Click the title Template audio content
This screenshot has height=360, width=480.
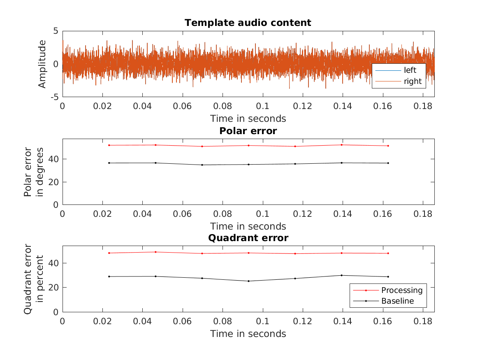pyautogui.click(x=248, y=23)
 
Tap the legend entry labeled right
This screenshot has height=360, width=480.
pyautogui.click(x=413, y=81)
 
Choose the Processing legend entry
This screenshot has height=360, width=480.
pyautogui.click(x=401, y=290)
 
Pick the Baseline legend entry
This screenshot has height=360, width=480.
pyautogui.click(x=397, y=301)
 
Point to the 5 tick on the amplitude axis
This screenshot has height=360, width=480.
pyautogui.click(x=55, y=31)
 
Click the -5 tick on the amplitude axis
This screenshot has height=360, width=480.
pyautogui.click(x=53, y=97)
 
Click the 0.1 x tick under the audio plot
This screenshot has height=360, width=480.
pyautogui.click(x=262, y=106)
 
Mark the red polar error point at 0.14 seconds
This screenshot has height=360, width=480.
pyautogui.click(x=341, y=145)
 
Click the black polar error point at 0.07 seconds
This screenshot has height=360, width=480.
pyautogui.click(x=202, y=165)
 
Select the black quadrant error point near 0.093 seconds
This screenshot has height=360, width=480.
pyautogui.click(x=248, y=281)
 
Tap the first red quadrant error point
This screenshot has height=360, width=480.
pyautogui.click(x=109, y=253)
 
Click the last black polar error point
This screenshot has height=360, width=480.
pyautogui.click(x=388, y=163)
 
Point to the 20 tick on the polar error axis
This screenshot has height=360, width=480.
pyautogui.click(x=53, y=182)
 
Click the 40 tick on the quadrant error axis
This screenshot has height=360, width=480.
pyautogui.click(x=53, y=263)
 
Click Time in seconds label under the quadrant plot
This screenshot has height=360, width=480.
pyautogui.click(x=248, y=334)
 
